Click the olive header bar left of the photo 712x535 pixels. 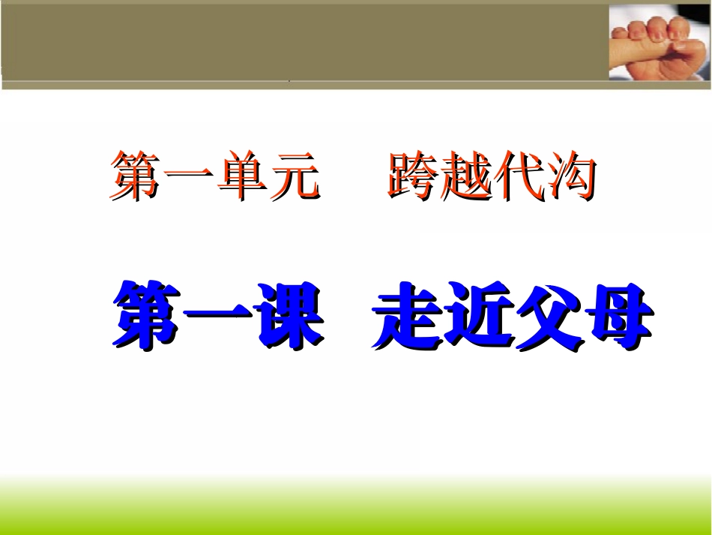tap(300, 41)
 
